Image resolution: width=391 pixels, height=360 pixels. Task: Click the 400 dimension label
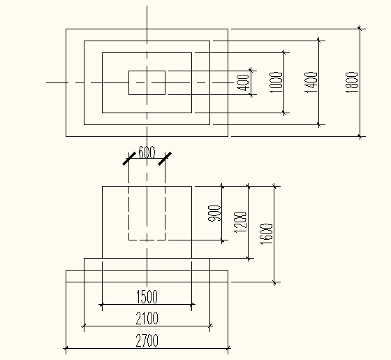click(244, 82)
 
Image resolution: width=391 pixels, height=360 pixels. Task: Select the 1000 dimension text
click(276, 82)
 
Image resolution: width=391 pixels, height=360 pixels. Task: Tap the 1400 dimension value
click(311, 82)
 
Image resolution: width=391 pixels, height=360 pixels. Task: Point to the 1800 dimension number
click(352, 82)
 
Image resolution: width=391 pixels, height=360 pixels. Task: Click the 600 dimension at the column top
click(147, 152)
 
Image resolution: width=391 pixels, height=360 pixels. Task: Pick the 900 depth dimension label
click(214, 213)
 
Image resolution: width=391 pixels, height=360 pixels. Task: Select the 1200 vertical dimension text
click(240, 222)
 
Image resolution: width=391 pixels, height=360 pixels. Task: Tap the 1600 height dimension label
click(267, 234)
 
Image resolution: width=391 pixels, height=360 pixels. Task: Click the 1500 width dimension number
click(147, 297)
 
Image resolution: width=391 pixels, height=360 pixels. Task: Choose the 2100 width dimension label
click(147, 318)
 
